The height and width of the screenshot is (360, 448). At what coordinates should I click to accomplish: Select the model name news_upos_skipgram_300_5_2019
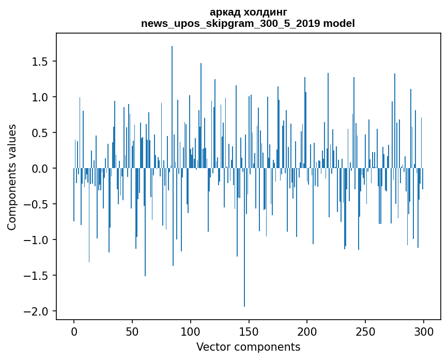(x=234, y=23)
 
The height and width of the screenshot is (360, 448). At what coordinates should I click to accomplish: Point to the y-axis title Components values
(x=12, y=177)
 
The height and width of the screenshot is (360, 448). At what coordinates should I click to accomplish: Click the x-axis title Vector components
(x=248, y=347)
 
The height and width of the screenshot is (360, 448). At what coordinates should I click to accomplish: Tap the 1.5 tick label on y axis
(x=40, y=62)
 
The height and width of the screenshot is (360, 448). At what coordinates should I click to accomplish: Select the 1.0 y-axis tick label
(x=40, y=97)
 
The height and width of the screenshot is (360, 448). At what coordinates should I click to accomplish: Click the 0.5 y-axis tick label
(x=40, y=133)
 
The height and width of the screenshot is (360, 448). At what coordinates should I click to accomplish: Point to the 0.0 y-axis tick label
(x=40, y=169)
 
